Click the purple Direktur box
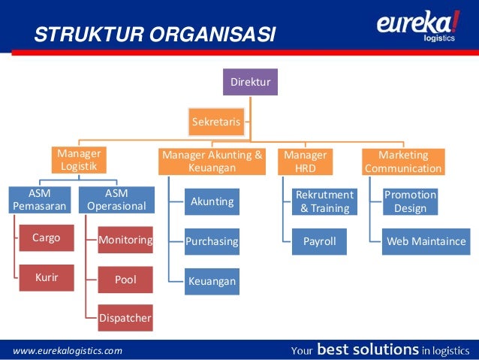click(251, 81)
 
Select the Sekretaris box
click(216, 121)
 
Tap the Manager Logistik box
click(79, 161)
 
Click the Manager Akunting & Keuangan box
click(212, 161)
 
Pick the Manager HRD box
click(305, 161)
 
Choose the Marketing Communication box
click(403, 161)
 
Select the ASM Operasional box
click(116, 201)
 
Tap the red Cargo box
click(46, 238)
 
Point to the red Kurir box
click(46, 278)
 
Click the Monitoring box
click(125, 241)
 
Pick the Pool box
click(125, 280)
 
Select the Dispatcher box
click(125, 319)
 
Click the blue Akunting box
click(212, 201)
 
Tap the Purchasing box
click(212, 242)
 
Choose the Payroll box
click(320, 242)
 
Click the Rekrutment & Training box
click(324, 201)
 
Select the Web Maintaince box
click(426, 242)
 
